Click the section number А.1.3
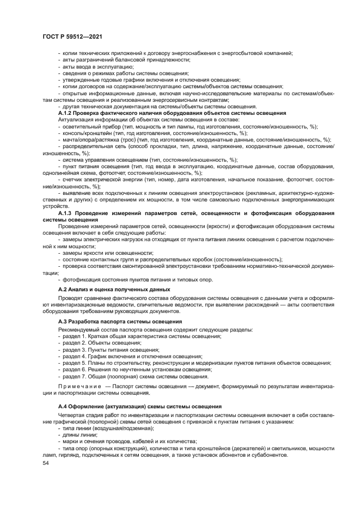tap(66, 213)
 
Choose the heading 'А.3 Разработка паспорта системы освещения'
tap(120, 322)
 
